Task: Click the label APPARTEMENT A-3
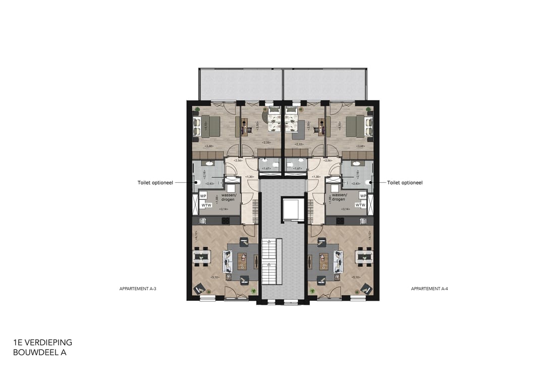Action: click(x=134, y=289)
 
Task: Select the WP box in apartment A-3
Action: click(x=203, y=196)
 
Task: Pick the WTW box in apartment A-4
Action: click(x=360, y=205)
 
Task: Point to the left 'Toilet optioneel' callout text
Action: click(x=155, y=183)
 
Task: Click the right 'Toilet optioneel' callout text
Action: click(x=405, y=183)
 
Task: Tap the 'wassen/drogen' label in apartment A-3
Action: click(x=229, y=197)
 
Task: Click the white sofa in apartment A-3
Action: click(x=228, y=261)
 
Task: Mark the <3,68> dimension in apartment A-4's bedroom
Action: click(x=360, y=147)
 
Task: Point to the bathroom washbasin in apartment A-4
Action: click(x=355, y=164)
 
